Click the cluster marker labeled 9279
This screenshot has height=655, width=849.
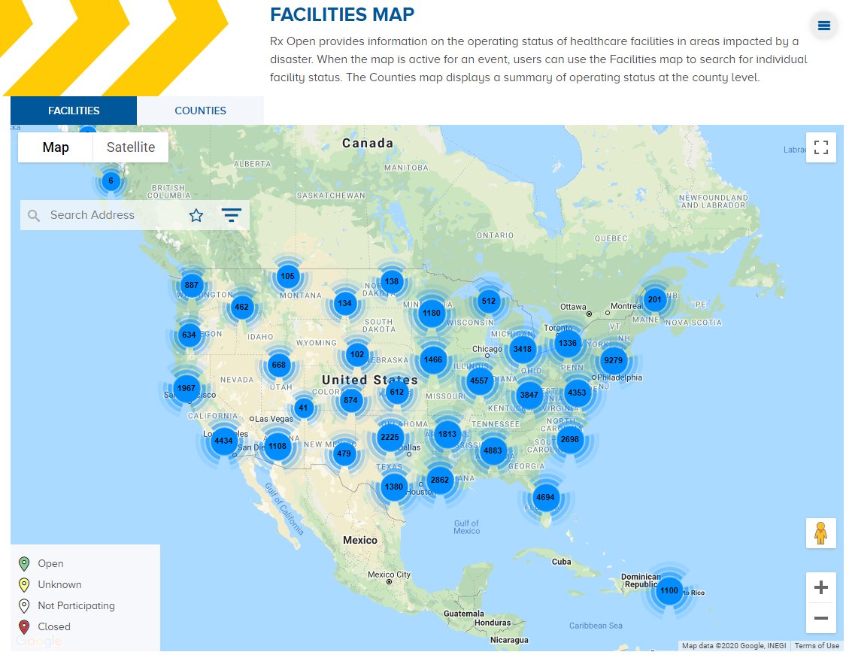[614, 360]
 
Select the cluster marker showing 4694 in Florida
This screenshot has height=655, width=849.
[544, 497]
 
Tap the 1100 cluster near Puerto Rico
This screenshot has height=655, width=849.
[669, 590]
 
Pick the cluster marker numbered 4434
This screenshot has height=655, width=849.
[223, 441]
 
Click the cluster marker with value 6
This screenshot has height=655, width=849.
[111, 180]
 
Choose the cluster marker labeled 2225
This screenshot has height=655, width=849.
[390, 437]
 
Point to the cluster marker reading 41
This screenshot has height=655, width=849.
[303, 408]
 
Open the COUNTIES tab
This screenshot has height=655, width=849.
[200, 111]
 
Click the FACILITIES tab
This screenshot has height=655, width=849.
[74, 111]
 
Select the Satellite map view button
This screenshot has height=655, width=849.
[131, 147]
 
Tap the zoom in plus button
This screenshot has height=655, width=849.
[820, 587]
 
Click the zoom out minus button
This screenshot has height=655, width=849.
[820, 618]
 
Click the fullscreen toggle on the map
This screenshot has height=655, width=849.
[820, 147]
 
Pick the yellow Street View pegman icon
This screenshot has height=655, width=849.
[820, 532]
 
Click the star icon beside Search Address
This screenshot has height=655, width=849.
[196, 216]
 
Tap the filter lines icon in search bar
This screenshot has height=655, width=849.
[231, 216]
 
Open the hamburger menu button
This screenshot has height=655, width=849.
[824, 26]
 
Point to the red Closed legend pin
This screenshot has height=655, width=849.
[24, 626]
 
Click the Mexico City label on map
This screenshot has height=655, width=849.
[390, 575]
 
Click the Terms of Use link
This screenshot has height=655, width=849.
[817, 645]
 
